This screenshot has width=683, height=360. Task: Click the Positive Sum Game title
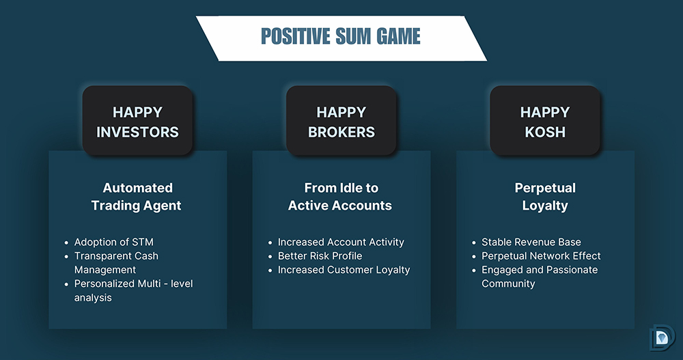[x=341, y=36]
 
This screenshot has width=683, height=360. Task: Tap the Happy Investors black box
[x=138, y=120]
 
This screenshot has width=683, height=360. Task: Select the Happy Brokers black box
[x=341, y=120]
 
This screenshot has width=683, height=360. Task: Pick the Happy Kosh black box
[x=545, y=120]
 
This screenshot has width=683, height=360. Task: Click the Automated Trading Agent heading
[x=137, y=197]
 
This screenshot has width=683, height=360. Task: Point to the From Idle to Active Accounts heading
[x=340, y=197]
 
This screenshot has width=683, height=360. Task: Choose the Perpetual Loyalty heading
[x=545, y=197]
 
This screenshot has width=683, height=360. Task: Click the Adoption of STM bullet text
[x=113, y=242]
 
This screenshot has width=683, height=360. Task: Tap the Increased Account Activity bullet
[x=341, y=242]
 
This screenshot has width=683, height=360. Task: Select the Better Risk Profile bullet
[x=320, y=256]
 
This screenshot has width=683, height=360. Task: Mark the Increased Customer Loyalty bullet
[x=344, y=270]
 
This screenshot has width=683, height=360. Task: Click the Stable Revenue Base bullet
[x=531, y=242]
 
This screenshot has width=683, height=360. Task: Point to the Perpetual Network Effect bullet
[x=541, y=256]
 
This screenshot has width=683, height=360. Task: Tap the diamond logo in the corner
[x=662, y=337]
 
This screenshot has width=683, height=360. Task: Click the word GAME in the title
[x=399, y=36]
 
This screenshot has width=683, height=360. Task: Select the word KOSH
[x=545, y=132]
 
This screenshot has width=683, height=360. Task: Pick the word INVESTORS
[x=138, y=132]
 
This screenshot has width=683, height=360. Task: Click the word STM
[x=142, y=242]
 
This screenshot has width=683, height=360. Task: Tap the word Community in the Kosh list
[x=508, y=283]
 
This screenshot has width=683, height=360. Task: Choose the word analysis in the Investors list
[x=93, y=298]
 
